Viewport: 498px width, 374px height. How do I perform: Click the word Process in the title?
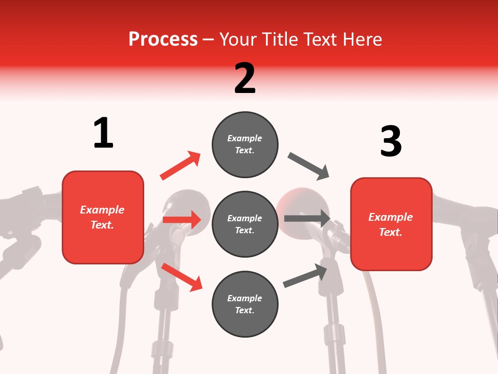pyautogui.click(x=163, y=39)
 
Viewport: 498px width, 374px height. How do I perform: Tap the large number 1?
pyautogui.click(x=103, y=133)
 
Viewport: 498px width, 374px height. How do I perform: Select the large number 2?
pyautogui.click(x=245, y=78)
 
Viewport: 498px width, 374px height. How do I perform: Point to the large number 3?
pyautogui.click(x=391, y=141)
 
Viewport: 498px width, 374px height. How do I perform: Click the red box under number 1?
pyautogui.click(x=103, y=217)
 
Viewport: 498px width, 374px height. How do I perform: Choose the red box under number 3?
pyautogui.click(x=391, y=224)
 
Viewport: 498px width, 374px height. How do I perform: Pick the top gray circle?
pyautogui.click(x=245, y=144)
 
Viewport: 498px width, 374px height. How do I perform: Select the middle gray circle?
pyautogui.click(x=245, y=224)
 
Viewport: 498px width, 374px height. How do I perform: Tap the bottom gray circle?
pyautogui.click(x=245, y=304)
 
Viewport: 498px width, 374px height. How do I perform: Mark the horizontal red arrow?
pyautogui.click(x=182, y=220)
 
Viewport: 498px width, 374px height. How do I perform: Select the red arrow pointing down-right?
pyautogui.click(x=182, y=277)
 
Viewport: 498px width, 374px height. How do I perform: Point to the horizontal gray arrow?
pyautogui.click(x=307, y=218)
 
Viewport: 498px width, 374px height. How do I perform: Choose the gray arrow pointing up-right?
pyautogui.click(x=305, y=276)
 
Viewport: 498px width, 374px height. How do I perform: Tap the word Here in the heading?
pyautogui.click(x=363, y=39)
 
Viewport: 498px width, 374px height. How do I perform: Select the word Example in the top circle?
pyautogui.click(x=245, y=138)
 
